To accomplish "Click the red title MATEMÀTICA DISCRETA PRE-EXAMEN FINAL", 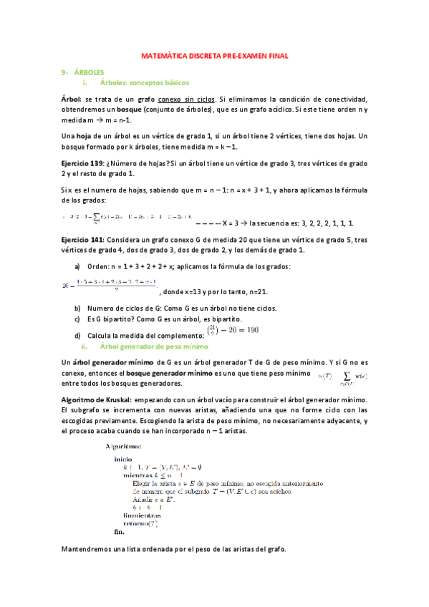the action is (x=215, y=55).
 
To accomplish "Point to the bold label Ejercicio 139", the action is (x=82, y=163).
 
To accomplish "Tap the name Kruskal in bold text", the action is (x=117, y=399).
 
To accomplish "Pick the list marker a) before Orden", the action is (x=77, y=267).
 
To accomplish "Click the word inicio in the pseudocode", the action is (x=124, y=458).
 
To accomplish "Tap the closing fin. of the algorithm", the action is (x=120, y=533).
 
